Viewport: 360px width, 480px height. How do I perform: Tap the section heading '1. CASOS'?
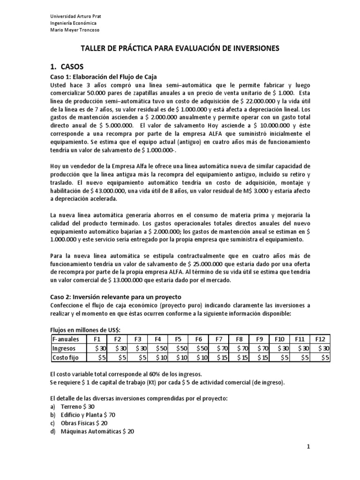pos(67,66)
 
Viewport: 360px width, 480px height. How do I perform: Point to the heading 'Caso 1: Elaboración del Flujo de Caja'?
pos(103,76)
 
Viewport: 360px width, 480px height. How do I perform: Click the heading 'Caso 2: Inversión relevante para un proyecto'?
pos(115,297)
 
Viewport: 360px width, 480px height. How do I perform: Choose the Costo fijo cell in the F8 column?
pos(240,357)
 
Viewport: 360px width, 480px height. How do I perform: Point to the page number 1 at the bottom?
pos(308,447)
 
